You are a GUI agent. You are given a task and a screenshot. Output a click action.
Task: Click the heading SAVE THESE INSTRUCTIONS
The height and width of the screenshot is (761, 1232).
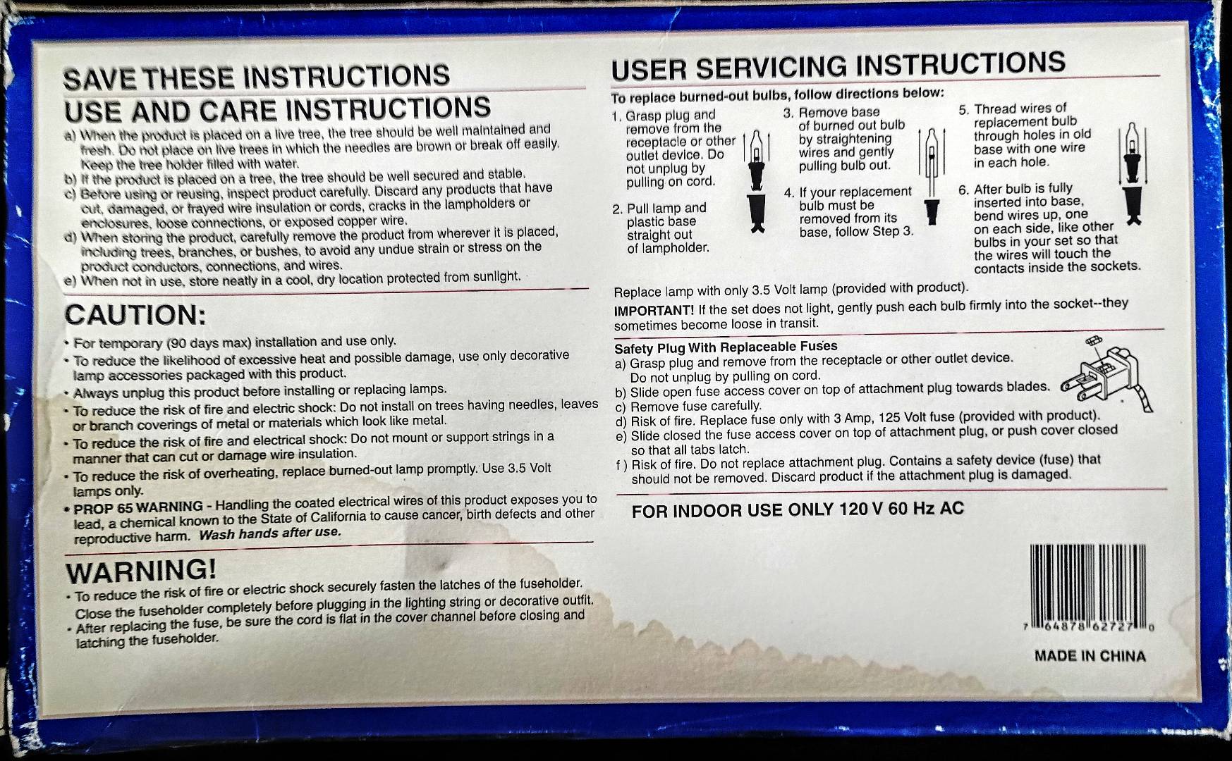pyautogui.click(x=257, y=76)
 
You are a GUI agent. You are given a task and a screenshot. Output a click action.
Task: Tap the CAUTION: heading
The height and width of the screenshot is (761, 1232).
pyautogui.click(x=135, y=314)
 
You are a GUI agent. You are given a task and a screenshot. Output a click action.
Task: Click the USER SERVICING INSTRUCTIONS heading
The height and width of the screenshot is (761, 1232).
pyautogui.click(x=838, y=66)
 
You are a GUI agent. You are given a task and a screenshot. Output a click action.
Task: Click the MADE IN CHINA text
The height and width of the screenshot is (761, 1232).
pyautogui.click(x=1090, y=656)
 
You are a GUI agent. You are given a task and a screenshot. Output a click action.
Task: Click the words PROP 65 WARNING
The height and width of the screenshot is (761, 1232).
pyautogui.click(x=138, y=507)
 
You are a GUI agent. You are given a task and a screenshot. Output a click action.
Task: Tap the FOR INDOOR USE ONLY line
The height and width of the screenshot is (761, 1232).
pyautogui.click(x=798, y=509)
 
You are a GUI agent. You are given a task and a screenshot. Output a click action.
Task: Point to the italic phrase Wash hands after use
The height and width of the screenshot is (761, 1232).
pyautogui.click(x=270, y=533)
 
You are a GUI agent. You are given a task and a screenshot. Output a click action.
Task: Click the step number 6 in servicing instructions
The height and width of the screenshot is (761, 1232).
pyautogui.click(x=963, y=190)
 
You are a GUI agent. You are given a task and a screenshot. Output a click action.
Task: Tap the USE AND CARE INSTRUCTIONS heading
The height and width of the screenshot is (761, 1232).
pyautogui.click(x=277, y=110)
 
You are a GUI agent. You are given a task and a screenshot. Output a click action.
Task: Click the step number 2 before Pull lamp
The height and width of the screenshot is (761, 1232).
pyautogui.click(x=617, y=209)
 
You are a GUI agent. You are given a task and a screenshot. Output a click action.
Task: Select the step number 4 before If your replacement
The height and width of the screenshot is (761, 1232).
pyautogui.click(x=788, y=193)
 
